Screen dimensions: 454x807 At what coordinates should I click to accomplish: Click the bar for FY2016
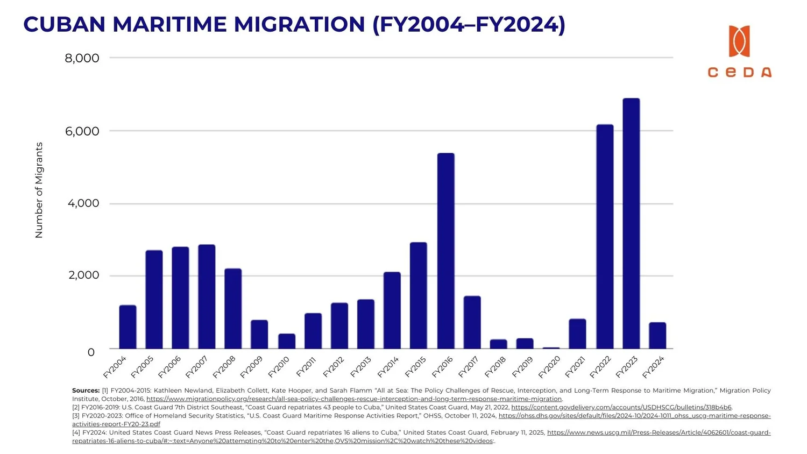point(445,251)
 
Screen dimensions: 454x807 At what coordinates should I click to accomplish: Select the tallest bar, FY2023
point(631,223)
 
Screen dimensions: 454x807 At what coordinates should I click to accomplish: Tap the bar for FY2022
point(605,237)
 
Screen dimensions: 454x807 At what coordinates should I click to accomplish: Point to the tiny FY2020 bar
point(551,348)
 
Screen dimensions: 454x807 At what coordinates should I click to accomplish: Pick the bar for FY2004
point(128,327)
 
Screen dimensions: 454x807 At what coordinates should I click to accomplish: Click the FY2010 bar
point(287,341)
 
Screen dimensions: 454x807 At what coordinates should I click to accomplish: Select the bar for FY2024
point(657,336)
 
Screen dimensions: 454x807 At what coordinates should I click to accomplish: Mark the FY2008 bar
point(233,308)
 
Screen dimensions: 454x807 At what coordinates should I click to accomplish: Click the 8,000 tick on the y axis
point(82,58)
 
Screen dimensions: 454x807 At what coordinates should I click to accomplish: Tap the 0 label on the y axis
point(91,352)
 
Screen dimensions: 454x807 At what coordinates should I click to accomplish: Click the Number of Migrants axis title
point(39,190)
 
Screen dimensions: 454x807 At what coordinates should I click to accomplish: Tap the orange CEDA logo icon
point(739,41)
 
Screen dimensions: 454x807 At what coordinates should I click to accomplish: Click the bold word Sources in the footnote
point(86,391)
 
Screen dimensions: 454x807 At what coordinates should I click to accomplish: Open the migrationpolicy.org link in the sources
point(353,399)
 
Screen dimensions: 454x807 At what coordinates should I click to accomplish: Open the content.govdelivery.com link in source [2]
point(621,408)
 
